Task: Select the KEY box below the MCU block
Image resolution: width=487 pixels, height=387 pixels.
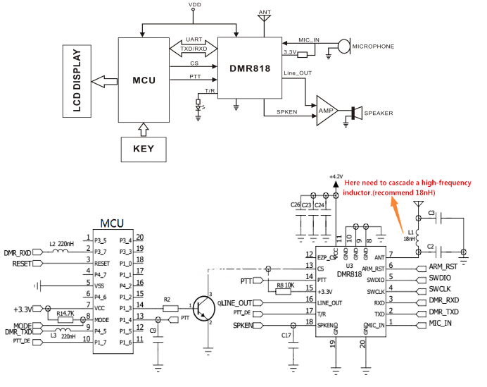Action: [144, 149]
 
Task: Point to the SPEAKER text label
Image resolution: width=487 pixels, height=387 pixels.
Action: [379, 113]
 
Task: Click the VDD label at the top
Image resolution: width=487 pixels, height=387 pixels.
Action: [194, 5]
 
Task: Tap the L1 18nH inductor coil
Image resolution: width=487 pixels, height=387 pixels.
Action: [417, 236]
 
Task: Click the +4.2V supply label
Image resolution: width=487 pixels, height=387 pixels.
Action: [335, 176]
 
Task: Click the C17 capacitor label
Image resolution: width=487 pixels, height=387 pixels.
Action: [286, 335]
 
